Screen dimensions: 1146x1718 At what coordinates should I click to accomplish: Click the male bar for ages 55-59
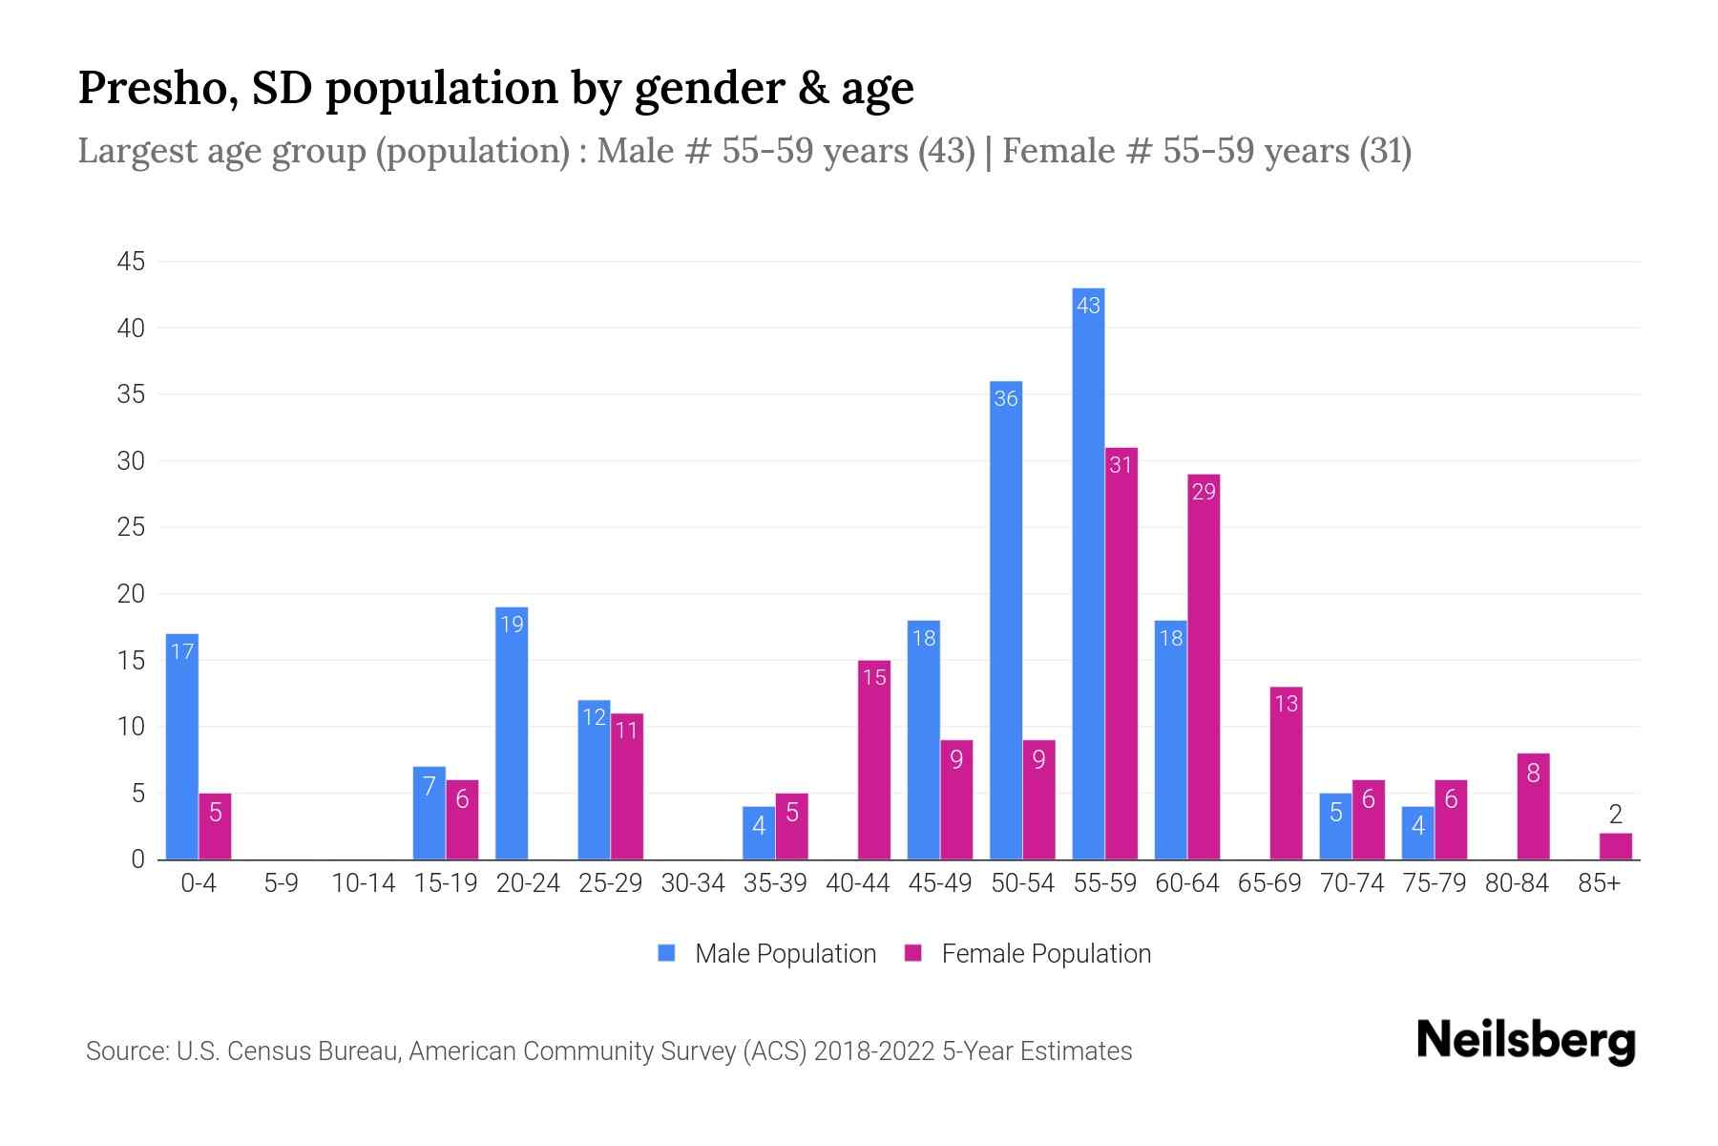click(x=1088, y=573)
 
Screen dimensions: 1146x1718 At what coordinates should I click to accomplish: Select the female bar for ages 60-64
click(x=1204, y=668)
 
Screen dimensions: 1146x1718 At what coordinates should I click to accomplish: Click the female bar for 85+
click(x=1615, y=846)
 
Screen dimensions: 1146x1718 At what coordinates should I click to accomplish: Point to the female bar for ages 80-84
click(x=1533, y=807)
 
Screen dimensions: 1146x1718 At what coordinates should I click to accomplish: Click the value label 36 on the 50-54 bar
click(x=1006, y=398)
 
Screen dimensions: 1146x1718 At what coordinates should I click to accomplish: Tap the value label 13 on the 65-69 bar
click(x=1286, y=704)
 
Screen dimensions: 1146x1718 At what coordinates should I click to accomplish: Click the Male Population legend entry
click(x=767, y=953)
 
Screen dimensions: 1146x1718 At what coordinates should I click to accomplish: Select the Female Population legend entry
click(x=1028, y=953)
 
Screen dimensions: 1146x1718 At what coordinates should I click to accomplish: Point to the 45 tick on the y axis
click(x=131, y=262)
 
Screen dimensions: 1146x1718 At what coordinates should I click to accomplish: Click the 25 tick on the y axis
click(x=131, y=527)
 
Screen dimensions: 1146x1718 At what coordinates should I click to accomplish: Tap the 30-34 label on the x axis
click(x=693, y=883)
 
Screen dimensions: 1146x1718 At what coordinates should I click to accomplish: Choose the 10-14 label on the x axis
click(x=363, y=883)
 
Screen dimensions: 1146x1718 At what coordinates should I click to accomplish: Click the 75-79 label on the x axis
click(x=1434, y=883)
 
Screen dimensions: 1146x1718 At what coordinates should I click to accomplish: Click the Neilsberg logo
click(x=1525, y=1040)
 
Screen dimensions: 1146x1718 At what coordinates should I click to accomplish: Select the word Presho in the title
click(x=151, y=88)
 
